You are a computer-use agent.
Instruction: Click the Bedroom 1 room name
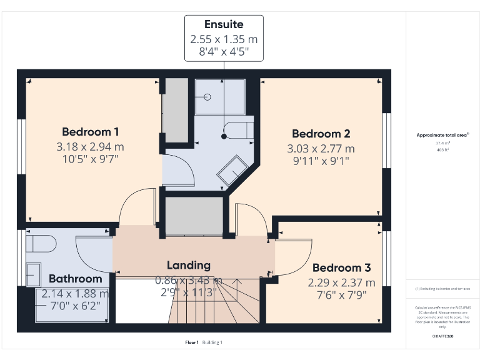[x=91, y=132]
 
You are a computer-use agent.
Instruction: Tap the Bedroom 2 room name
[x=321, y=134]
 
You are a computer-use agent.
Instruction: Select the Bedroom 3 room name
[x=341, y=267]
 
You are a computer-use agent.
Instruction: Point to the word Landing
[x=188, y=265]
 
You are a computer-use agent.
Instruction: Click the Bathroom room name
[x=75, y=279]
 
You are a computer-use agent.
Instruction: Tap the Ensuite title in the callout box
[x=224, y=24]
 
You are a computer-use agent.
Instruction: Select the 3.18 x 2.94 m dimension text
[x=91, y=147]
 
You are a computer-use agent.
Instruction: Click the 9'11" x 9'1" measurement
[x=321, y=161]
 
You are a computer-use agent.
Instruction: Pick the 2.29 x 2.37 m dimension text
[x=341, y=282]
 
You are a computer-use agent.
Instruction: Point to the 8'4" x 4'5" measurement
[x=224, y=52]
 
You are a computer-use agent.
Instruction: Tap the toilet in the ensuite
[x=240, y=132]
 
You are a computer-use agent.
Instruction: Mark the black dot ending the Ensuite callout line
[x=224, y=136]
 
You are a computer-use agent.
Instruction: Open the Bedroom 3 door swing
[x=289, y=256]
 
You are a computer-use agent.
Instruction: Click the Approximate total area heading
[x=442, y=135]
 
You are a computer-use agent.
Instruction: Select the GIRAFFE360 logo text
[x=442, y=336]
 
